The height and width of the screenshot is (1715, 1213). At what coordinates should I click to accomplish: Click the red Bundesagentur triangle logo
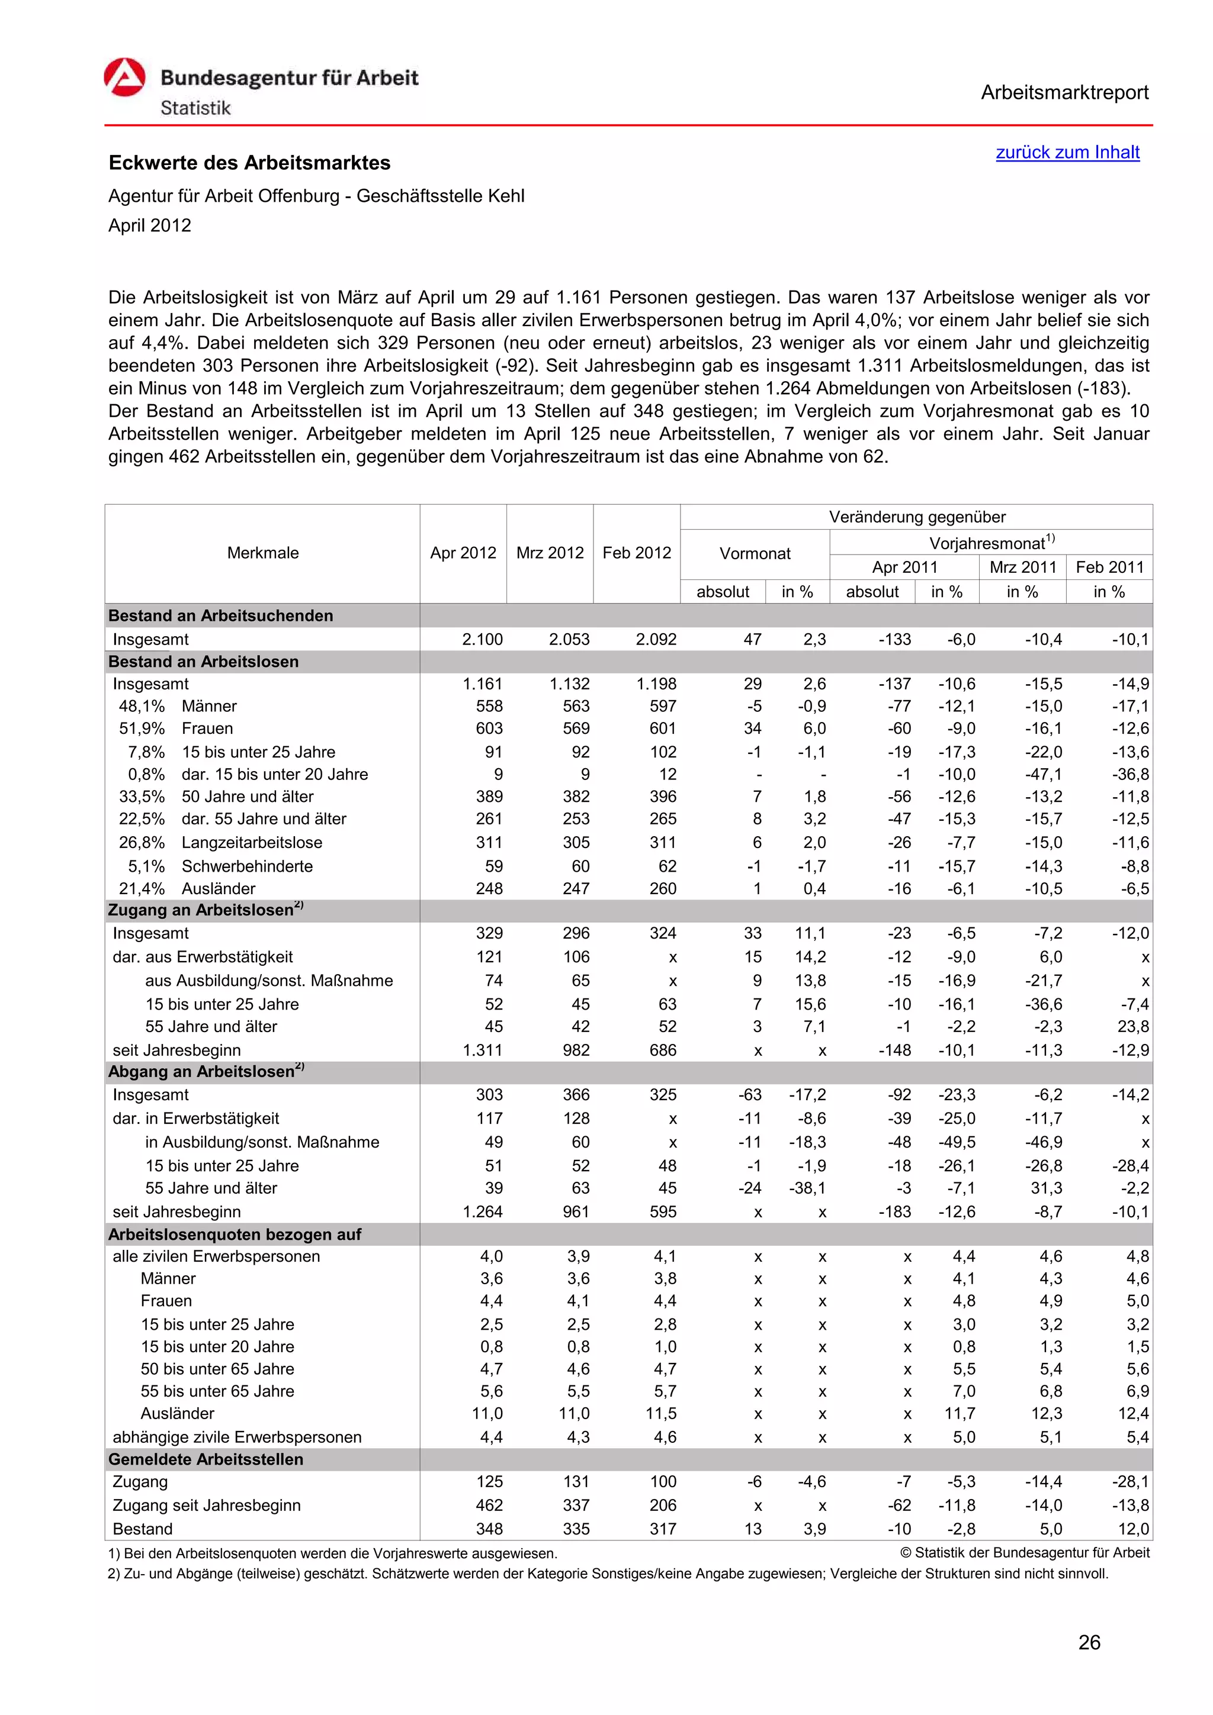click(124, 77)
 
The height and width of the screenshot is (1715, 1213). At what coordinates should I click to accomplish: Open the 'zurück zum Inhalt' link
click(1067, 152)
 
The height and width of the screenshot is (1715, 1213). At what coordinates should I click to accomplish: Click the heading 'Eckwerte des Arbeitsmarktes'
click(249, 163)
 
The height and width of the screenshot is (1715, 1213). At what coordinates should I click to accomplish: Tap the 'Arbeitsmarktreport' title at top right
click(1064, 93)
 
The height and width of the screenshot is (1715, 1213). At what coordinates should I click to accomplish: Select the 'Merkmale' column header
click(262, 553)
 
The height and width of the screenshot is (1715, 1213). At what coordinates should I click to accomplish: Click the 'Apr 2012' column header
click(463, 553)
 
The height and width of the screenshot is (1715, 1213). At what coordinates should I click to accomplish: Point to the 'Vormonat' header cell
click(754, 553)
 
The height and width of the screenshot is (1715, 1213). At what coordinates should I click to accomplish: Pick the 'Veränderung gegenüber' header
click(916, 517)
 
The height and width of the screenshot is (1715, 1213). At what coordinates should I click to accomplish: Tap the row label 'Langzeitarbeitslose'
click(252, 843)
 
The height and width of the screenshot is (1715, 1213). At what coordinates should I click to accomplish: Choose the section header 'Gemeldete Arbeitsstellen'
click(206, 1459)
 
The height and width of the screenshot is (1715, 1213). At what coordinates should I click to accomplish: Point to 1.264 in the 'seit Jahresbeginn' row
click(482, 1211)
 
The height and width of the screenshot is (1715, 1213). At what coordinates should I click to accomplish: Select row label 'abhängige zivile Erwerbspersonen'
click(237, 1436)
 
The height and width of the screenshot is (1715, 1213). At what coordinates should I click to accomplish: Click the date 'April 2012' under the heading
click(149, 225)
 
